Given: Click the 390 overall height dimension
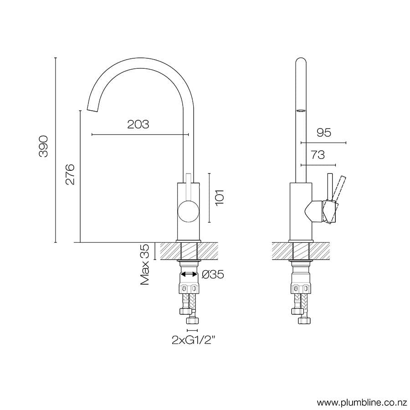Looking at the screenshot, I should [x=43, y=146].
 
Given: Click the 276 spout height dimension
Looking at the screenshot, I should [x=70, y=174].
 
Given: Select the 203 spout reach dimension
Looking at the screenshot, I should [x=138, y=124].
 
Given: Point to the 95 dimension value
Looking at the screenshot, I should [x=323, y=133].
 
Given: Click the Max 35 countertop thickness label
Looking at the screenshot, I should [x=145, y=265].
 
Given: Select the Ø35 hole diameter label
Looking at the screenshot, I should [x=212, y=275].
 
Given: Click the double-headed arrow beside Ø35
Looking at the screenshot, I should [x=189, y=274].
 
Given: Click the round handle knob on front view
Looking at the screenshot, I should [x=188, y=212].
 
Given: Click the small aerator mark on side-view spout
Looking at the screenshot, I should [x=301, y=110].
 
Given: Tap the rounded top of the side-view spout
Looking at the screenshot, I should [x=301, y=61].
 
